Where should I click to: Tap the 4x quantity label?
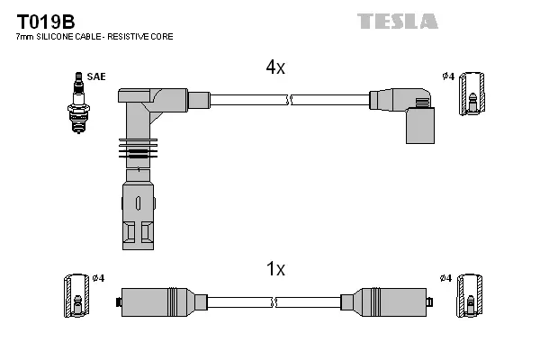point(274,67)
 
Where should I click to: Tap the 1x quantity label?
point(275,268)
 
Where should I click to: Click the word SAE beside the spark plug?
point(96,76)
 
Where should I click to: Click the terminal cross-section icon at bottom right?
point(468,294)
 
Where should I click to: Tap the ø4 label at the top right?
point(447,76)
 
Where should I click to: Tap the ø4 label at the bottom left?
point(98,277)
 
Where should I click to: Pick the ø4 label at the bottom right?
point(445,277)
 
